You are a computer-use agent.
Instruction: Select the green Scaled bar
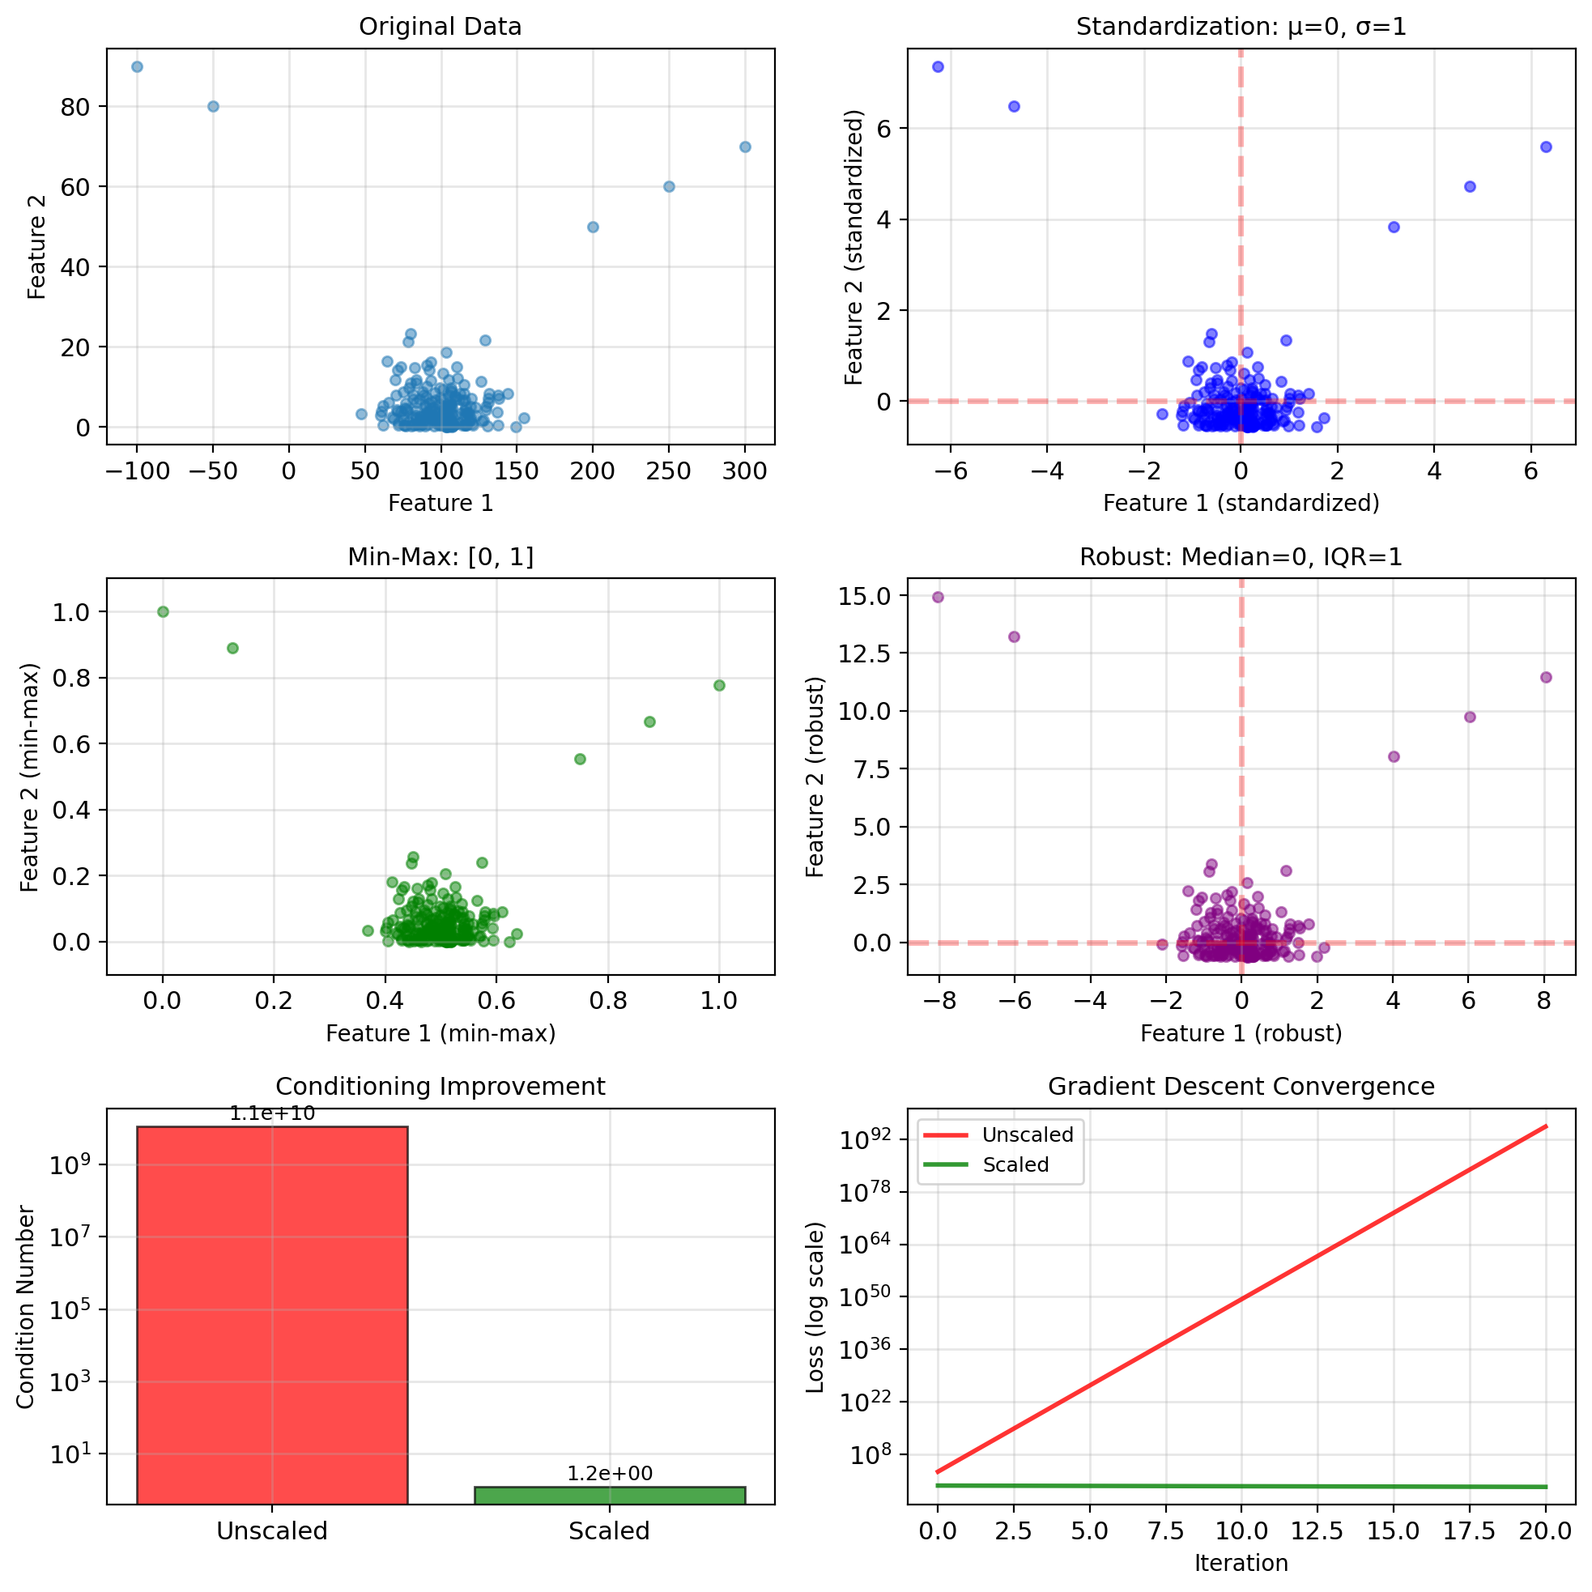click(610, 1495)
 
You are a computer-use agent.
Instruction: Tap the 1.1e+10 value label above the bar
click(272, 1114)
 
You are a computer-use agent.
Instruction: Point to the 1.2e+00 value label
click(610, 1473)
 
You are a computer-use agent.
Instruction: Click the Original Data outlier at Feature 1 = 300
click(745, 147)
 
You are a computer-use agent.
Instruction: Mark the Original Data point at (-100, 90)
click(138, 66)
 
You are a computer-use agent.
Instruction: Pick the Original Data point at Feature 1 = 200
click(593, 227)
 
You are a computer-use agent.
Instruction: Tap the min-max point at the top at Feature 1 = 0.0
click(163, 611)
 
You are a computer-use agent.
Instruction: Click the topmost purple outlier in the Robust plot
click(938, 598)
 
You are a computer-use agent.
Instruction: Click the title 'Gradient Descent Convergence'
click(1241, 1087)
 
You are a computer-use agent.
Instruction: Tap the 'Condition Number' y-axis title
click(26, 1307)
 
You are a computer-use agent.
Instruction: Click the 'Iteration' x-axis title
click(1241, 1563)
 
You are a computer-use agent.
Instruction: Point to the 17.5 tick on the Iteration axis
click(1469, 1531)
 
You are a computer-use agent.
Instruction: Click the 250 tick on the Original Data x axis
click(668, 471)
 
